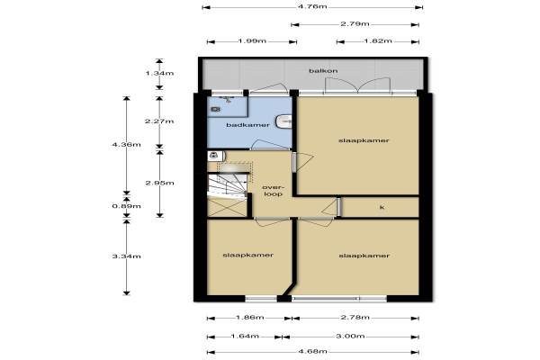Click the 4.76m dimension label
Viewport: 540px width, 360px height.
pyautogui.click(x=312, y=6)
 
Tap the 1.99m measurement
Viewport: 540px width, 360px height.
pyautogui.click(x=252, y=41)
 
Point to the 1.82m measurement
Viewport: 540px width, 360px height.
pyautogui.click(x=378, y=41)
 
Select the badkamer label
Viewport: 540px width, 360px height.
pyautogui.click(x=248, y=125)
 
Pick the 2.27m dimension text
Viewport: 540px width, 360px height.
pyautogui.click(x=159, y=121)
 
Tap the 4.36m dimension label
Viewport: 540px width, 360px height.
pyautogui.click(x=126, y=145)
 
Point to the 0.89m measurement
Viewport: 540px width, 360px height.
pyautogui.click(x=126, y=206)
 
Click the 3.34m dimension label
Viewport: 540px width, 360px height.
pyautogui.click(x=126, y=256)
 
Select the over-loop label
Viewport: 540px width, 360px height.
pyautogui.click(x=273, y=191)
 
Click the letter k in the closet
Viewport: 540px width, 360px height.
pyautogui.click(x=382, y=207)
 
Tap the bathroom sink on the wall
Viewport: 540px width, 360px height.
pyautogui.click(x=284, y=121)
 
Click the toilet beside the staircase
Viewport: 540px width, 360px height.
pyautogui.click(x=216, y=156)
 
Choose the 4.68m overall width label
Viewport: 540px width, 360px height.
pyautogui.click(x=312, y=352)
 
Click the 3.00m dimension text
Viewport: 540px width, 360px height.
pyautogui.click(x=350, y=337)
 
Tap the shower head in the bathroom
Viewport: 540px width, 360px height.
pyautogui.click(x=227, y=99)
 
